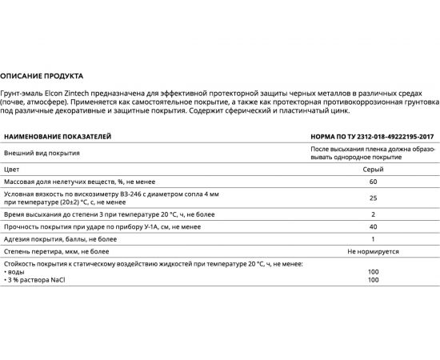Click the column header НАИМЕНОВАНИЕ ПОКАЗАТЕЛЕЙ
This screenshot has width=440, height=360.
pos(58,137)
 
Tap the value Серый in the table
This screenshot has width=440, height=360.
pos(373,170)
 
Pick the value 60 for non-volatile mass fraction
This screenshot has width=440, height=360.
pos(373,182)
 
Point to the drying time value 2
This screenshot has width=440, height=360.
pos(373,215)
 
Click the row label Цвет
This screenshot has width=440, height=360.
pos(12,170)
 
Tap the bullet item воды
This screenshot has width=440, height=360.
pos(15,271)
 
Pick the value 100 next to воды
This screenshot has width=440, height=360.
pos(373,271)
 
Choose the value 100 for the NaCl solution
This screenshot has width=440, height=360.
pos(373,279)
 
